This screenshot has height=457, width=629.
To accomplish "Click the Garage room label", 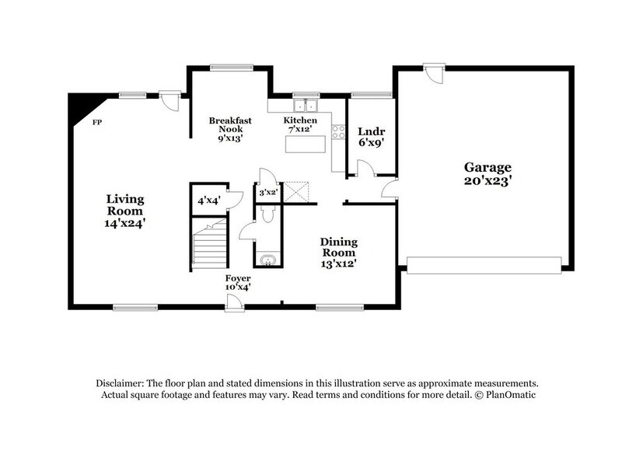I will pos(487,173).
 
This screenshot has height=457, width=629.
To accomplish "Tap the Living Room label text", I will pos(125,211).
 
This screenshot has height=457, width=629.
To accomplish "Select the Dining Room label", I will pos(338,252).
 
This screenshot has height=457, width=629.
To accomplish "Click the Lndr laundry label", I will pos(370,137).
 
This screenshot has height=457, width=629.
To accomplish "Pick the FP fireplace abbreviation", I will pos(97,123).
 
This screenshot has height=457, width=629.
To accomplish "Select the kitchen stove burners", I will pos(338,132).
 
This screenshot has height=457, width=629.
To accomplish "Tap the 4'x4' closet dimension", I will pos(208,201).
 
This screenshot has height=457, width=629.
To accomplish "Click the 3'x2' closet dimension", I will pos(267,191).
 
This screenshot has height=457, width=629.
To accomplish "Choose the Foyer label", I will pos(238,282).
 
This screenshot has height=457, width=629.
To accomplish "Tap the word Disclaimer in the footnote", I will pos(121,384).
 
